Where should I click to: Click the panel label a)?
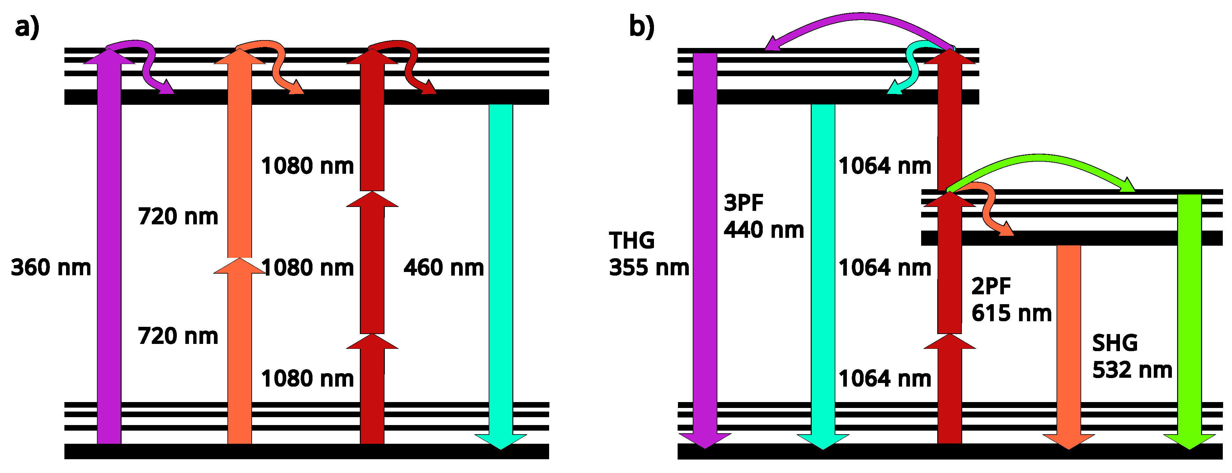(27, 27)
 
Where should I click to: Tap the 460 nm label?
(443, 268)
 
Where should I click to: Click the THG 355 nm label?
(648, 254)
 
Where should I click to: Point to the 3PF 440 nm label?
(763, 216)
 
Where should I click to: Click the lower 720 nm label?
(178, 336)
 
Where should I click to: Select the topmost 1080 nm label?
(307, 166)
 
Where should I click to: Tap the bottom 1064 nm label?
(885, 379)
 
